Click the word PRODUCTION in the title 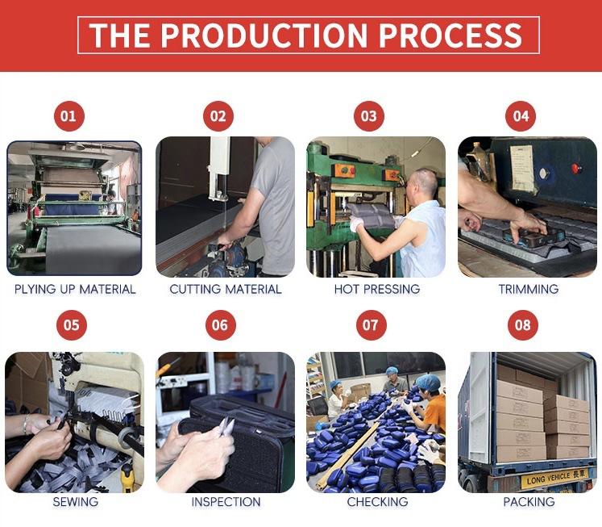tap(264, 36)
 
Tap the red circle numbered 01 tap(69, 116)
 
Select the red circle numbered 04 tap(521, 116)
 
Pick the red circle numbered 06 tap(220, 325)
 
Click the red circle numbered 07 tap(372, 325)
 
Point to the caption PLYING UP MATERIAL tap(75, 289)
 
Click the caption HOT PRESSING tap(377, 289)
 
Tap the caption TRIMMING tap(529, 289)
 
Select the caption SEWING tap(75, 502)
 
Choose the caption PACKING tap(529, 502)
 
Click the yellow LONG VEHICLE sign tap(554, 479)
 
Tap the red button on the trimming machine tap(575, 168)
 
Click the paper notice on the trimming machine tap(521, 168)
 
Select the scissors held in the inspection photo tap(226, 426)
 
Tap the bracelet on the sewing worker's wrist tap(26, 424)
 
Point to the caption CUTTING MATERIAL tap(226, 289)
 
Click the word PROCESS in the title tap(450, 36)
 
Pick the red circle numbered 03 tap(369, 116)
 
